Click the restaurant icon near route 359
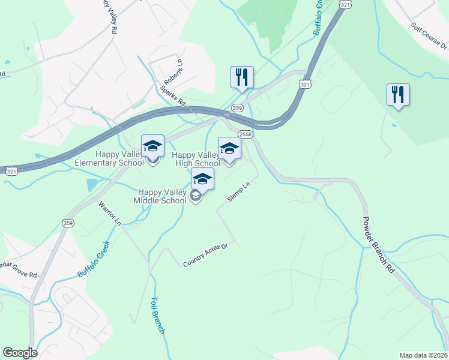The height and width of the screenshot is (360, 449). click(242, 77)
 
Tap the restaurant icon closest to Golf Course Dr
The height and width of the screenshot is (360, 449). click(398, 95)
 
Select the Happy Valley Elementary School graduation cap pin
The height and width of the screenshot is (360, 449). click(152, 146)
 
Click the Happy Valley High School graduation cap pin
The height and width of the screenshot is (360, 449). click(229, 149)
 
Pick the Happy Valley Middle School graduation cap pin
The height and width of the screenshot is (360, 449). click(203, 179)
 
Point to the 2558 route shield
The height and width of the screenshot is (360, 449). click(245, 134)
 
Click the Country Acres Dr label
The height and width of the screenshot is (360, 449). click(206, 254)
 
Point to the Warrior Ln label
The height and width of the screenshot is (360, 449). click(110, 214)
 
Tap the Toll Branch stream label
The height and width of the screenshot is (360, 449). click(157, 315)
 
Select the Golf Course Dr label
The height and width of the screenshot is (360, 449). click(429, 37)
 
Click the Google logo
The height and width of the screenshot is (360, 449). click(20, 353)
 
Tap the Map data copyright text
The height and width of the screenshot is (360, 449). click(424, 355)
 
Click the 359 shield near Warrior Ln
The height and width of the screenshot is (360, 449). click(67, 223)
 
